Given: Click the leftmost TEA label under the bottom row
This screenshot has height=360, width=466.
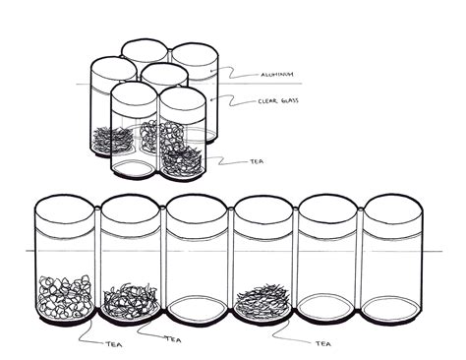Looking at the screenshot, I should click(114, 343).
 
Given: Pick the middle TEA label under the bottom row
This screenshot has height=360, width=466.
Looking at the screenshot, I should click(173, 339).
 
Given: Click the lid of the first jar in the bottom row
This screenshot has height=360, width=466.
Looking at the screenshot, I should click(65, 208).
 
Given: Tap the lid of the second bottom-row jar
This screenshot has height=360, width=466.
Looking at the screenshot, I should click(131, 208).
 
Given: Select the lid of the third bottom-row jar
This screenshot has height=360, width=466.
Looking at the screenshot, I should click(197, 208).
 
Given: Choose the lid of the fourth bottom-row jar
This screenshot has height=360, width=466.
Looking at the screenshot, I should click(262, 208).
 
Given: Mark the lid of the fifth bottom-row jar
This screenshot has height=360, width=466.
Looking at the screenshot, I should click(328, 208).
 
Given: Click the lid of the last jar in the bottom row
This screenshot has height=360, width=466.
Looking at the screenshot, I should click(394, 208).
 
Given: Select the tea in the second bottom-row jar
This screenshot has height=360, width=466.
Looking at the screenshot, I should click(131, 297).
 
